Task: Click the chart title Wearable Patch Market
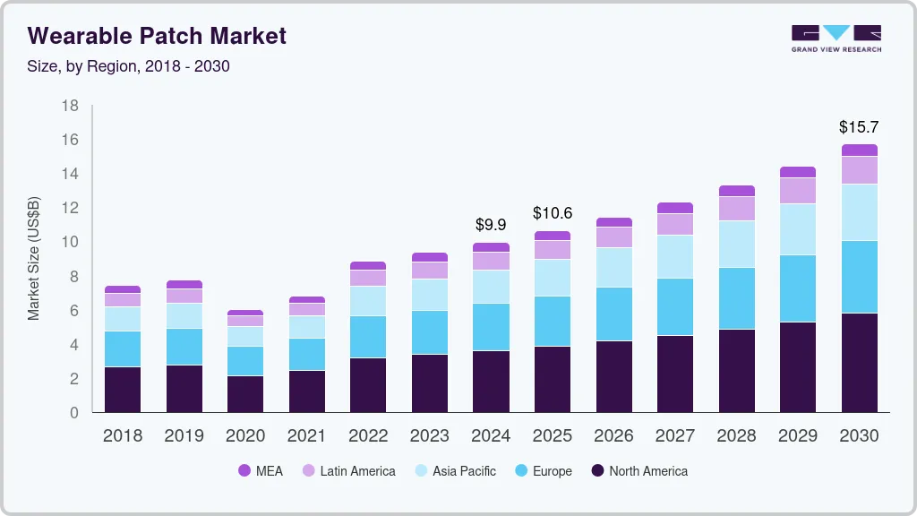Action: pos(157,36)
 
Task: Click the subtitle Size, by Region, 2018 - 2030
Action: pos(129,67)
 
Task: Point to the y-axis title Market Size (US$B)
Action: pos(34,258)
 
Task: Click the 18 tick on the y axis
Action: pos(70,106)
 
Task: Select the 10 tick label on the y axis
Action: pos(70,242)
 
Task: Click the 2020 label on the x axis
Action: pos(245,436)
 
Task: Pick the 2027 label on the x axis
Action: pos(674,436)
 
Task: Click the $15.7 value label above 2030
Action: pos(859,127)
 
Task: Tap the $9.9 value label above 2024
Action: pos(490,225)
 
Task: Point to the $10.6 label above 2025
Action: pos(552,213)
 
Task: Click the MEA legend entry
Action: pos(260,471)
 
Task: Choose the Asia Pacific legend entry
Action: pos(454,471)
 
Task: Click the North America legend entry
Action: pos(638,471)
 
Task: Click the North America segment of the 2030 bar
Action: pos(859,363)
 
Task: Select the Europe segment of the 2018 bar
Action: pos(123,348)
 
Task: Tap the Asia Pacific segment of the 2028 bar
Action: pos(736,244)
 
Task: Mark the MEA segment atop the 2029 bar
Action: pos(797,172)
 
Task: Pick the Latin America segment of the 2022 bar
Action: pos(368,278)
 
